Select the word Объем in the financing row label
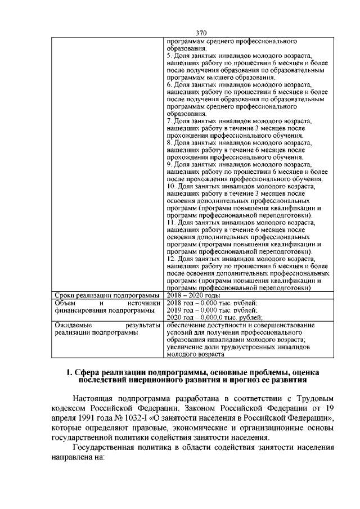(64, 303)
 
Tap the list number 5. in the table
(170, 56)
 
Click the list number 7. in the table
(170, 121)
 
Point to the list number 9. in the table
(170, 164)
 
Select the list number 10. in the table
(172, 186)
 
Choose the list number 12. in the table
(172, 259)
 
